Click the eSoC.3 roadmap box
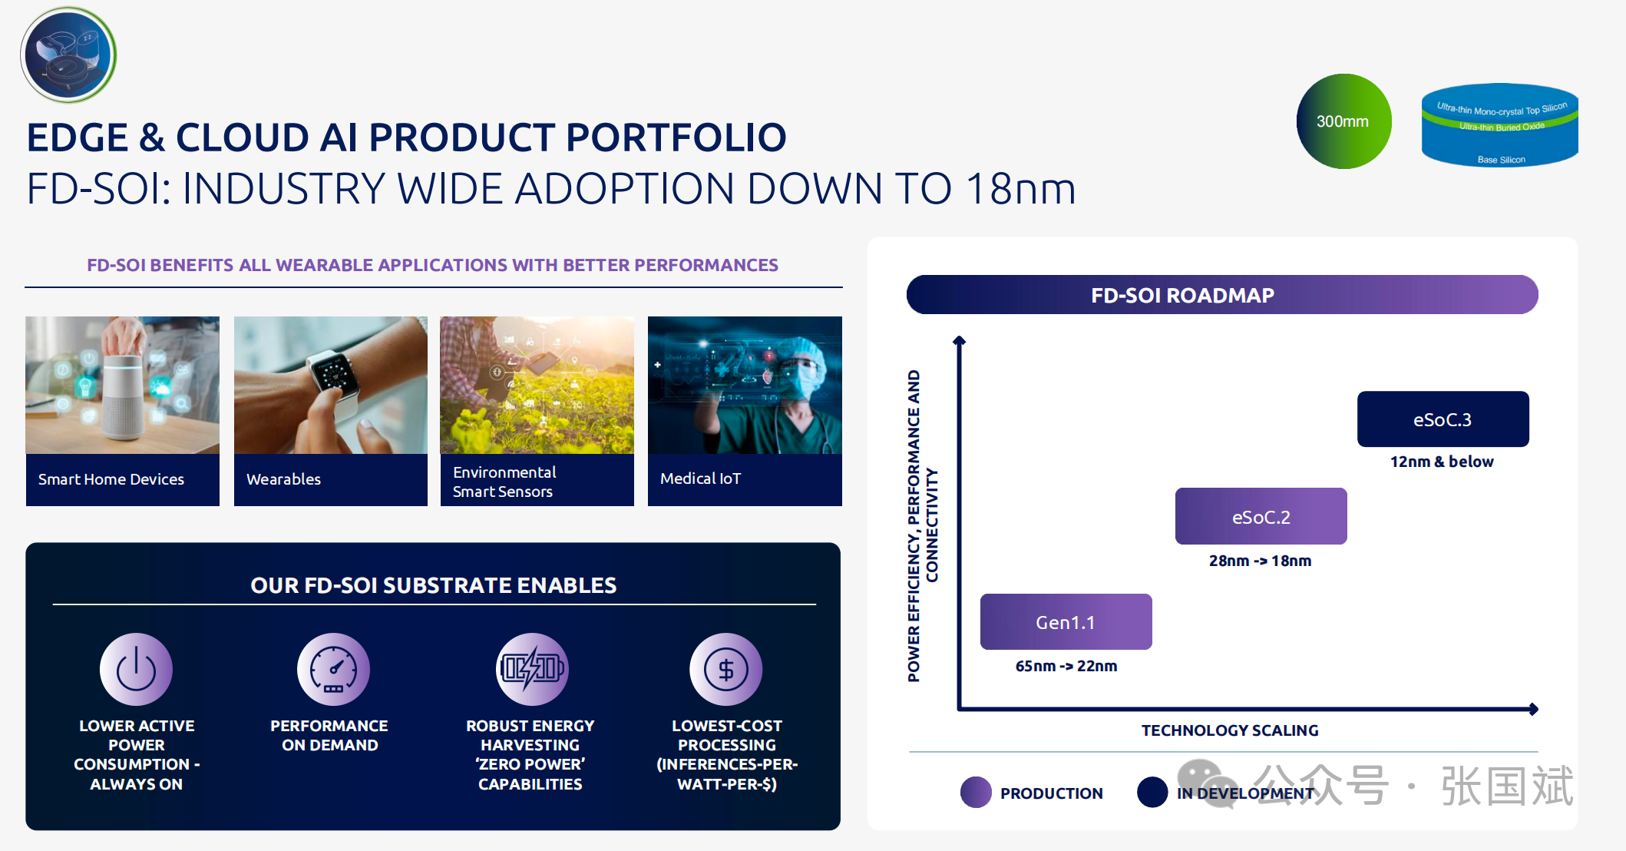[1443, 419]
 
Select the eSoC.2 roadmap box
[1261, 516]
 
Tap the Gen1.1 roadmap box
[1066, 621]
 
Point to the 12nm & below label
[1442, 462]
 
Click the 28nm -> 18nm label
[1260, 561]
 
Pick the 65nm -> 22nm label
[1066, 666]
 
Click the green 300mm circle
[1343, 121]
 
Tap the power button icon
[136, 669]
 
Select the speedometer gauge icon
[333, 669]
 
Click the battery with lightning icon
[531, 669]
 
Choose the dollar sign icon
[725, 669]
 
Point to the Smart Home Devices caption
[111, 479]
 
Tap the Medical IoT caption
[700, 478]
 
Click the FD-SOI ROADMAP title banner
[1222, 295]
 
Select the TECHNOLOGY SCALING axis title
[1230, 730]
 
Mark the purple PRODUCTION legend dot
[976, 793]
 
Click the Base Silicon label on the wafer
[1502, 160]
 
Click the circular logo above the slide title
[68, 55]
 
